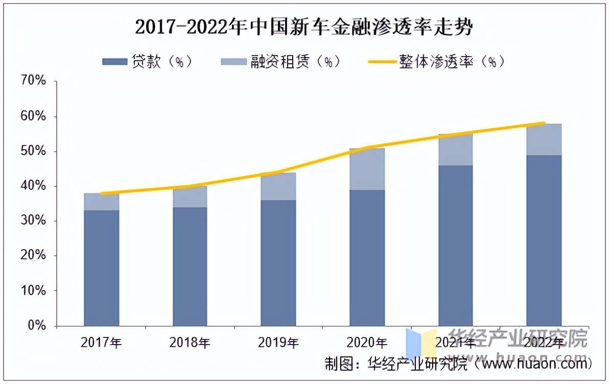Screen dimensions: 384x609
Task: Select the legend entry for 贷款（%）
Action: coord(148,62)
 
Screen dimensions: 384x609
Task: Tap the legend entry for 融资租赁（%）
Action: coord(281,62)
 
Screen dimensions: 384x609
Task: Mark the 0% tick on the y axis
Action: coord(37,325)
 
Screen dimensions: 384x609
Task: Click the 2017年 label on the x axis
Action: coord(101,343)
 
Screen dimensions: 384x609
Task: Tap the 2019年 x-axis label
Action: coord(278,343)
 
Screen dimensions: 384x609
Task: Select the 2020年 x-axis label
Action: coord(367,343)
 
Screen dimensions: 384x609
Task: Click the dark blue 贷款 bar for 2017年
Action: coord(102,268)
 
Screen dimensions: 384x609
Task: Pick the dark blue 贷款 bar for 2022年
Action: coord(544,240)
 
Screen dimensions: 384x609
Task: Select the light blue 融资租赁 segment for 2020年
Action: coord(367,170)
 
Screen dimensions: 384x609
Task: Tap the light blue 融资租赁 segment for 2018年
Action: coord(190,197)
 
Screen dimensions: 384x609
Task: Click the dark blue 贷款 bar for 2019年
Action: coord(278,263)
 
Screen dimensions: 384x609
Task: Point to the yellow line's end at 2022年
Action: coord(544,124)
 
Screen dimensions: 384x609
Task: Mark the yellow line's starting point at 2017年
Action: coord(102,194)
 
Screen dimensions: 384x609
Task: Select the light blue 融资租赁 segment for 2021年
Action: coord(456,150)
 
